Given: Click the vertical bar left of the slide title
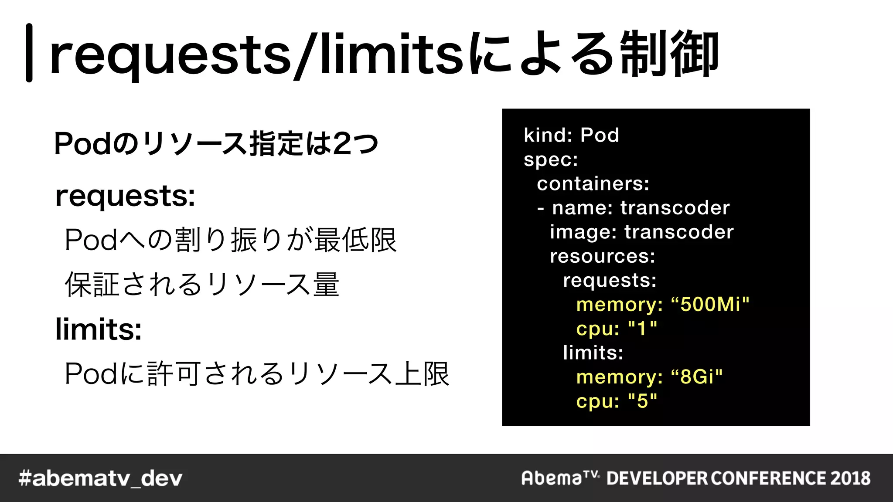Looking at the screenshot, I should coord(29,53).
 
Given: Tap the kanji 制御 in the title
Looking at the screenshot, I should coord(669,54).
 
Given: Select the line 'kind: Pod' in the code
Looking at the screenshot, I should coord(571,135).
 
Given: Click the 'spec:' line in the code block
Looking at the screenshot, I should coord(551,159).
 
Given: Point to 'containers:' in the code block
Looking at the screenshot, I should coord(593,183).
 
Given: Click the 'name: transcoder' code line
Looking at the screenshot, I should coord(640,208).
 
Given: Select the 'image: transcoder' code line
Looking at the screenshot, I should coord(641,232).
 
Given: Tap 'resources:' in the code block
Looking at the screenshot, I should coord(602,256).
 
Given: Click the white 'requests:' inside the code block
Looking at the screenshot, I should coord(610,280).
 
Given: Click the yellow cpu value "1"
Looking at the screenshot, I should coord(642,328).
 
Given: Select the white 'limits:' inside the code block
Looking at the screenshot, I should coord(593,353).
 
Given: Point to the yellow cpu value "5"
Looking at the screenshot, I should coord(642,401).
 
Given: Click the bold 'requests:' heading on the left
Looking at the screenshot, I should coord(125,197).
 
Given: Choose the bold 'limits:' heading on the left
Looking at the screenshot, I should coord(99,329).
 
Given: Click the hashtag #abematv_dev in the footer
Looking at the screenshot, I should coord(100,478).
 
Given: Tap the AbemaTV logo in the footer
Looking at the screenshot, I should coord(560,478).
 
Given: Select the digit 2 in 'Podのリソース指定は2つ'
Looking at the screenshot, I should coord(342,144).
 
